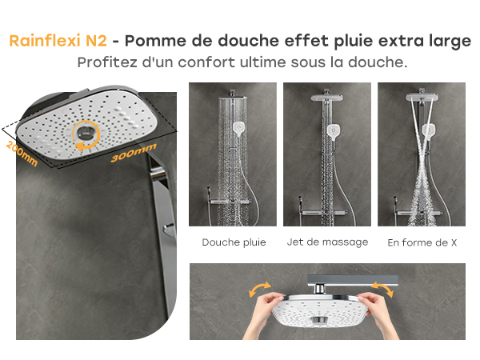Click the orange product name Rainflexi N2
pos(58,41)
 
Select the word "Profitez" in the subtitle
pos(107,62)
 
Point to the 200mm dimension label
pos(22,154)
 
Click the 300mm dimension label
pos(134,153)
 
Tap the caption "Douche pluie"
pos(234,242)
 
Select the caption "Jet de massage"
pos(327,242)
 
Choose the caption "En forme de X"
pos(422,242)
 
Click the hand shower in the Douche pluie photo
pos(238,129)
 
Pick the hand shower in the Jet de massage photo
pos(334,132)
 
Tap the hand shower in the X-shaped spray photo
pos(429,132)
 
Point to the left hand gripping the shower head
pos(263,315)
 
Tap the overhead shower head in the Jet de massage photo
pos(327,98)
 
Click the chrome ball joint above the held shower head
pos(320,289)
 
